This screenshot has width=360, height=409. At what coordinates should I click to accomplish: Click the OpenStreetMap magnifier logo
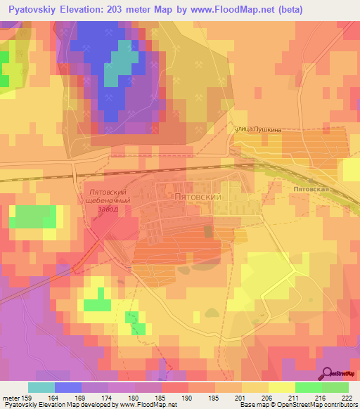click(x=328, y=373)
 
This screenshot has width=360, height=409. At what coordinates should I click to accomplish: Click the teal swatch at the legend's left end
click(x=41, y=387)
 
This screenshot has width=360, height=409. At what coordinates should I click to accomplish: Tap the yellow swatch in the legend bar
click(x=281, y=387)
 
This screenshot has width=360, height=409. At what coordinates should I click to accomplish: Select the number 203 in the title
click(x=136, y=10)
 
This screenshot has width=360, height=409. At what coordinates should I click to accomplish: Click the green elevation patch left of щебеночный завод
click(x=35, y=217)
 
